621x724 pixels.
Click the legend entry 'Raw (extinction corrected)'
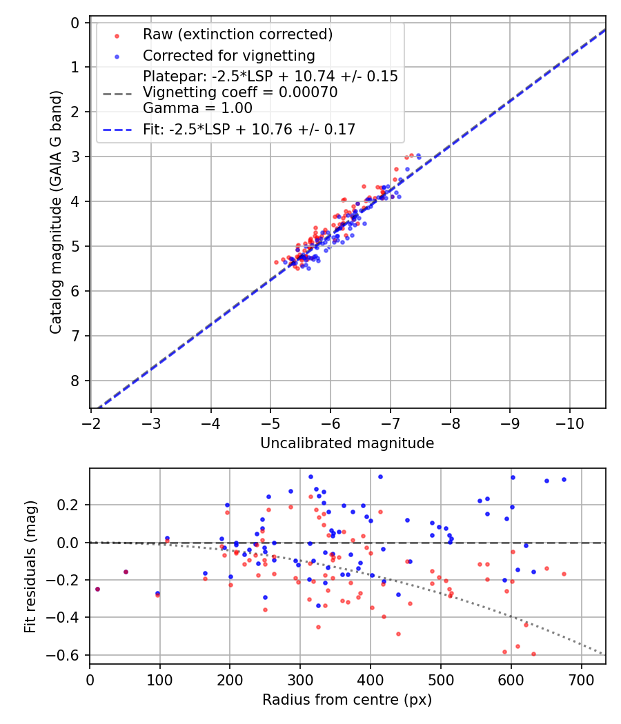pyautogui.click(x=237, y=34)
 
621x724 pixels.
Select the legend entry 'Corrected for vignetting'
pyautogui.click(x=228, y=56)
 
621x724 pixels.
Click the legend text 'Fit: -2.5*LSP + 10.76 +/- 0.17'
pyautogui.click(x=249, y=129)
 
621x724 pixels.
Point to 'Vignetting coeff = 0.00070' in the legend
pyautogui.click(x=240, y=92)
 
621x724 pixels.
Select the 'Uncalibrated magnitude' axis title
pyautogui.click(x=347, y=443)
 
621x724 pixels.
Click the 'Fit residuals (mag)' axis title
pyautogui.click(x=30, y=566)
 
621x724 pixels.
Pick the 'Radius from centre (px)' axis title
pyautogui.click(x=347, y=700)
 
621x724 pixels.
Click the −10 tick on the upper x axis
pyautogui.click(x=569, y=422)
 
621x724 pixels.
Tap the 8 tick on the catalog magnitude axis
pyautogui.click(x=77, y=381)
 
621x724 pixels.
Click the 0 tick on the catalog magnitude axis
pyautogui.click(x=77, y=23)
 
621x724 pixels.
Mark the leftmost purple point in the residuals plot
pyautogui.click(x=97, y=589)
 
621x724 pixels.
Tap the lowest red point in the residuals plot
pyautogui.click(x=533, y=654)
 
